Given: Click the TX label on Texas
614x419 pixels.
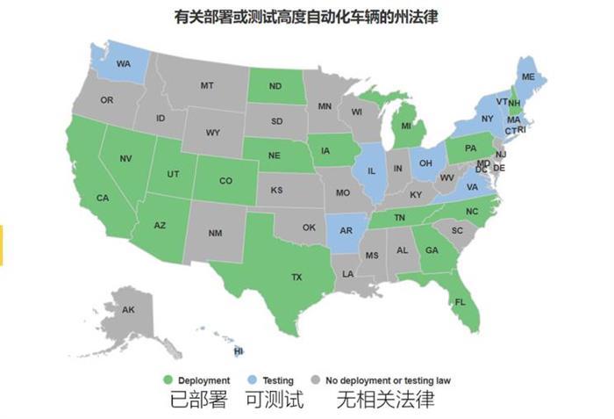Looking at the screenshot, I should [296, 276].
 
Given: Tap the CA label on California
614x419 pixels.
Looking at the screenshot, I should [103, 198].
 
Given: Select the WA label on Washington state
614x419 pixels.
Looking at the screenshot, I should [124, 63].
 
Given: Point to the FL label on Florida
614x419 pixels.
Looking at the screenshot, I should [460, 301].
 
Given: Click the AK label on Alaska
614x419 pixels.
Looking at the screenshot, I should [128, 309].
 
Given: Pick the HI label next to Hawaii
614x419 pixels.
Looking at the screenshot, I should [239, 350].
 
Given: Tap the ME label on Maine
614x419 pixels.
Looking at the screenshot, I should [528, 77].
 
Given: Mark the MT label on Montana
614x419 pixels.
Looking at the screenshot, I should [207, 85].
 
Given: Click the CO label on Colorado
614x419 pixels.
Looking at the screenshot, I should [225, 181].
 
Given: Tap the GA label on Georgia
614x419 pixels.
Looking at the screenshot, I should [431, 249].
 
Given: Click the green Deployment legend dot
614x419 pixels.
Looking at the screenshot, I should [168, 380].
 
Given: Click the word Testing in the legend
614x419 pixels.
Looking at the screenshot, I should [278, 380].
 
